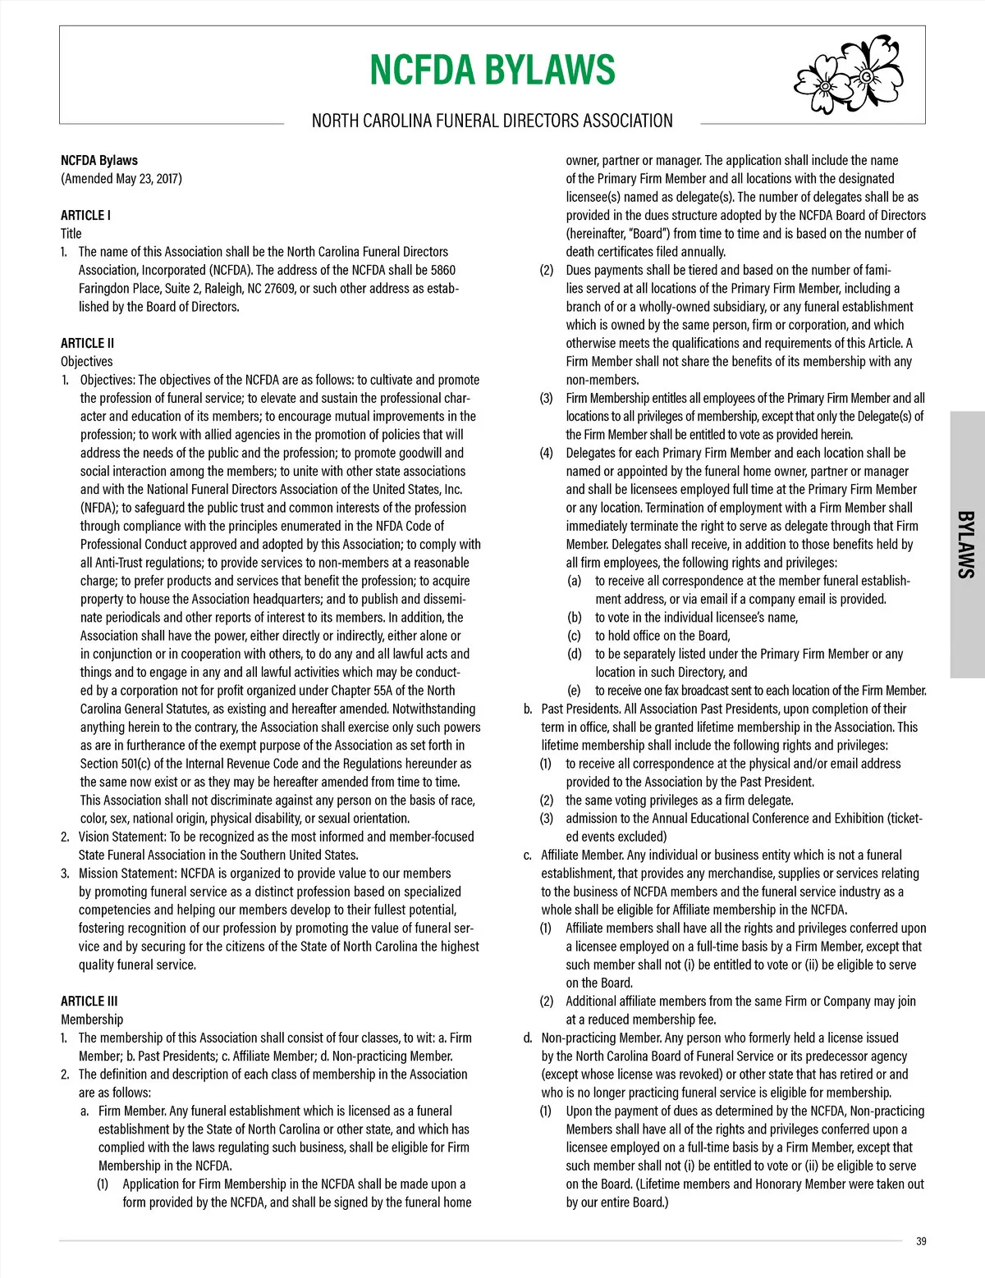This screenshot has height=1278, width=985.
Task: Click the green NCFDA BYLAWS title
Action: tap(492, 70)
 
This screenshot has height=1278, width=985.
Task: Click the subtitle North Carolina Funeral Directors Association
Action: tap(492, 121)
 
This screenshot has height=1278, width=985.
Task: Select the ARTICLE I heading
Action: tap(85, 215)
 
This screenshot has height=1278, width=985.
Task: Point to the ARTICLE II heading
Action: tap(87, 343)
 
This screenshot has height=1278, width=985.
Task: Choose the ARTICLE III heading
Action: tap(89, 1001)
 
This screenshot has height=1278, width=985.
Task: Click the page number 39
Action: tap(921, 1241)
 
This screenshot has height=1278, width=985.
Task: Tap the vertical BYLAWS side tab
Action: tap(966, 545)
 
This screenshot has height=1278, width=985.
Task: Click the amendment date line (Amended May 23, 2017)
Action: tap(121, 179)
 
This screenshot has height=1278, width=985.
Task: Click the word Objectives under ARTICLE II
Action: tap(86, 361)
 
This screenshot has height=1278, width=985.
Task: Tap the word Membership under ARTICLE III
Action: tap(92, 1019)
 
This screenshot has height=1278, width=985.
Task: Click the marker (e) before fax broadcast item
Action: tap(574, 691)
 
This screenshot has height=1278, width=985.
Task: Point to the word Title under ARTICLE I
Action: tap(71, 233)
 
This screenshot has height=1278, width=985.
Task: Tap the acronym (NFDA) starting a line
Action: tap(98, 508)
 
